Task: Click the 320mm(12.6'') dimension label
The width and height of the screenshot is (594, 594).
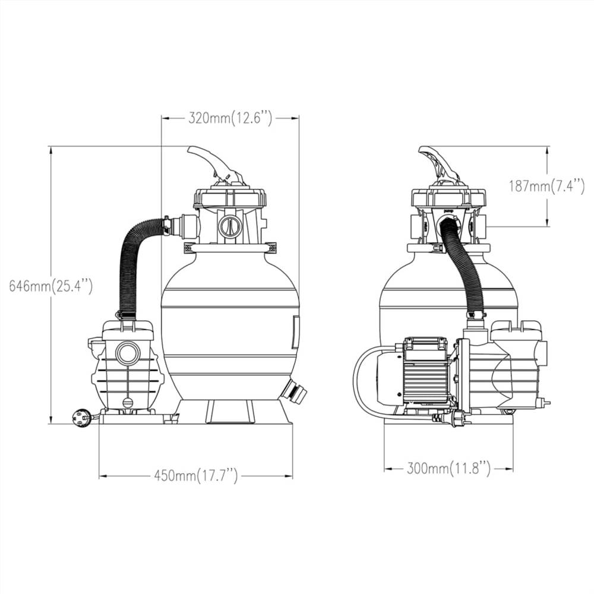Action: [230, 118]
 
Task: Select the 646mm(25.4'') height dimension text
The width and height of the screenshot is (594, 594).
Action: [50, 286]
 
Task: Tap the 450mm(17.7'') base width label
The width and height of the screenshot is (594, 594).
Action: [196, 475]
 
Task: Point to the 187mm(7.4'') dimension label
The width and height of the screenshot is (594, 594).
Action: [546, 186]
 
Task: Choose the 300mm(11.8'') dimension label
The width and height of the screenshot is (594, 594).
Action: [449, 469]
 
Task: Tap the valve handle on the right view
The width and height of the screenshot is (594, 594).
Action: [440, 163]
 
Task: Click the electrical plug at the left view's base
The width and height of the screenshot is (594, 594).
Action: [82, 418]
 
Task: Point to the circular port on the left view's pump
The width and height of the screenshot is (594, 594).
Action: [128, 353]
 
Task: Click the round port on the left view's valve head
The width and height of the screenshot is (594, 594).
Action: [229, 226]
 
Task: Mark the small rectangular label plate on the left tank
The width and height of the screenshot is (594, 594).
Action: [295, 332]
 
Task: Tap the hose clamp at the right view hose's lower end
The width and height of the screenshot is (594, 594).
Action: [476, 314]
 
